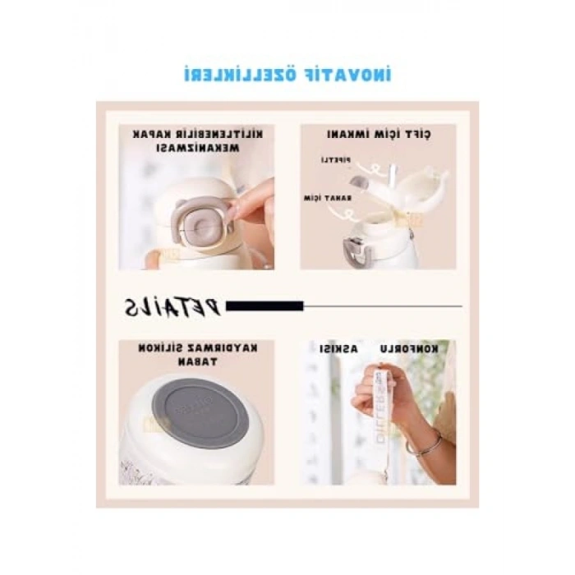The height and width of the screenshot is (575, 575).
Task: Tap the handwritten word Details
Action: pyautogui.click(x=173, y=306)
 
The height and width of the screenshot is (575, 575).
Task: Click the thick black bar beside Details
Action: pyautogui.click(x=264, y=306)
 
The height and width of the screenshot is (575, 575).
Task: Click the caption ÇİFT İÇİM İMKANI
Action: pyautogui.click(x=379, y=134)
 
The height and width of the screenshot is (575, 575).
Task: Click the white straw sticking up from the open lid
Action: pyautogui.click(x=392, y=177)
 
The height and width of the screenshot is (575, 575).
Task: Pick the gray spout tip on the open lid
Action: pyautogui.click(x=359, y=182)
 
